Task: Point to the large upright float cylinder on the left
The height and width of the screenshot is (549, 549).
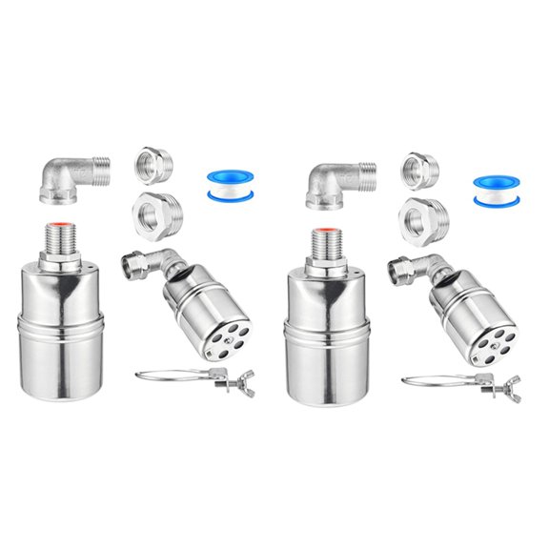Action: point(59,334)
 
